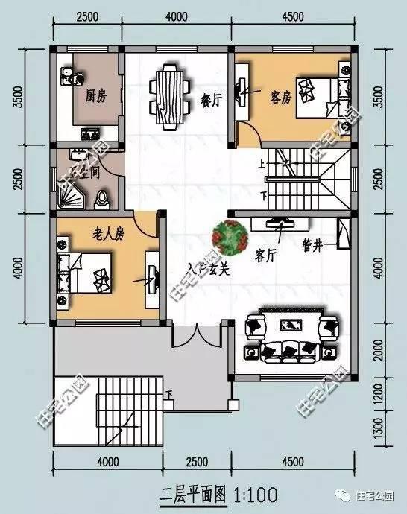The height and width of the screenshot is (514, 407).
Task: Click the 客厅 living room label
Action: [266, 256]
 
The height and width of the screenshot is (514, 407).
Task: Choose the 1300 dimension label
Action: [377, 429]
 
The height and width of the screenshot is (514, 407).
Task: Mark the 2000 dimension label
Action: [377, 355]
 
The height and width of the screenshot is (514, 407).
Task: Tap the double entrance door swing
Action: [197, 337]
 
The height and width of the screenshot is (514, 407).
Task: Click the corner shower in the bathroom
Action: [73, 196]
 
